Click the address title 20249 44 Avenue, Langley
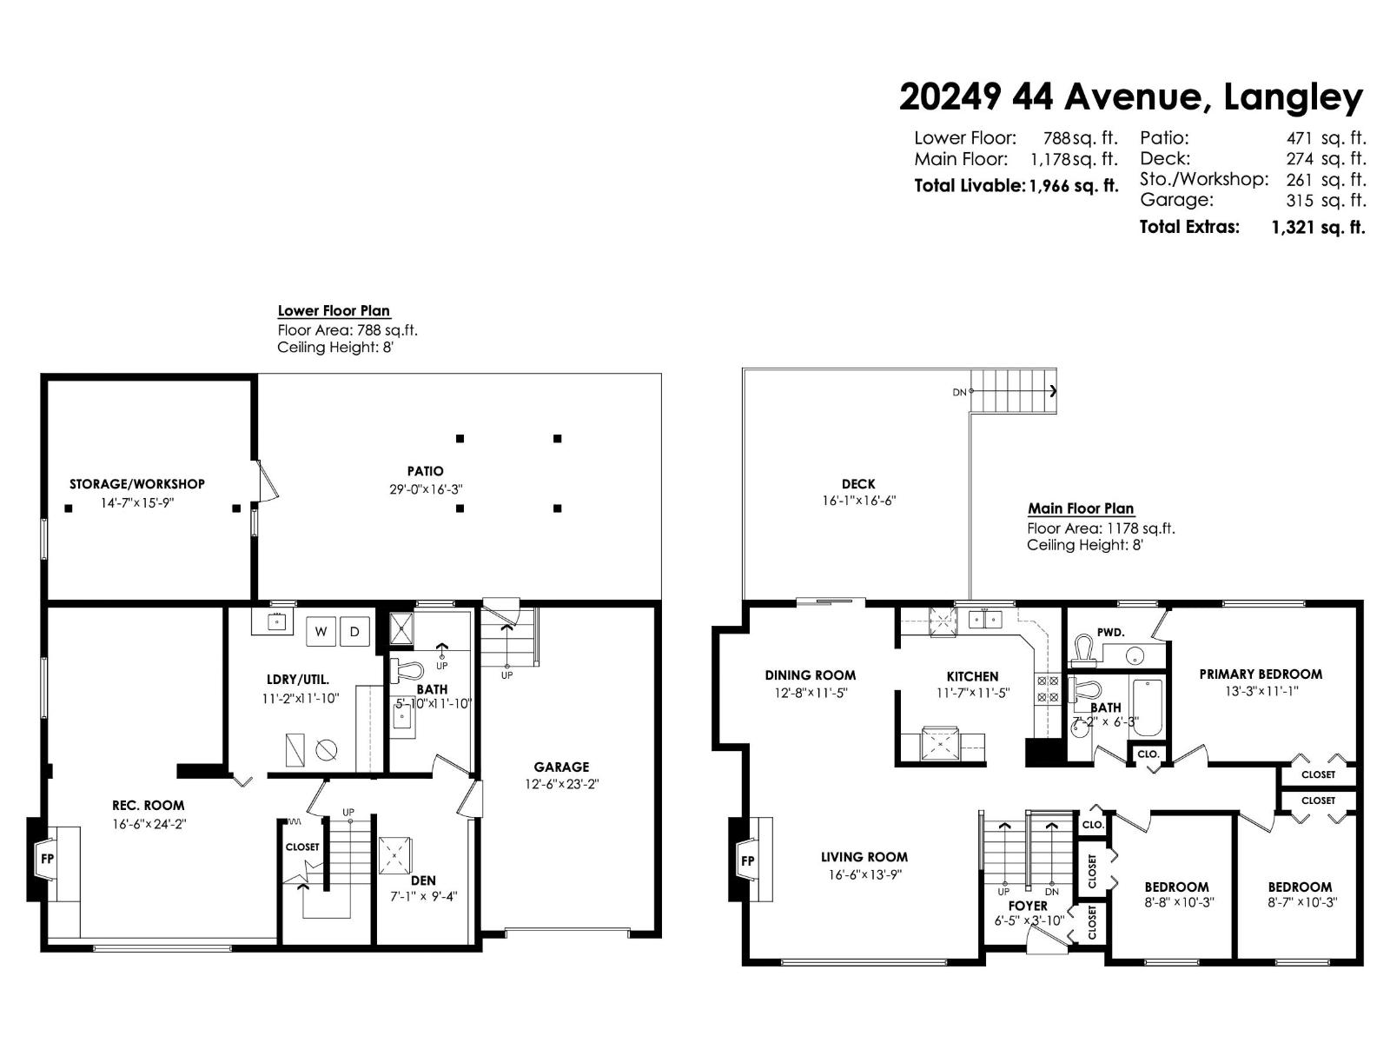coord(1131,96)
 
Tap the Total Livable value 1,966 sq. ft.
coord(1074,186)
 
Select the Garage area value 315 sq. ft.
coord(1326,201)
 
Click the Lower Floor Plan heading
coord(334,310)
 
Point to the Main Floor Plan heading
coord(1081,508)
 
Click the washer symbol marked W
coord(321,632)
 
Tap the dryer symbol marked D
coord(354,632)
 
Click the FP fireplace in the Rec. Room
coord(47,859)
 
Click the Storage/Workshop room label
coord(137,484)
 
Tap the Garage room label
coord(561,767)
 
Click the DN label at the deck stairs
coord(959,392)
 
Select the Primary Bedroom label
coord(1261,674)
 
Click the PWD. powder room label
coord(1110,633)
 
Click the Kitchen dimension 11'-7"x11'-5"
coord(972,693)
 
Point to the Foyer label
coord(1028,906)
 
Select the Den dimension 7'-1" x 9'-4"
coord(423,897)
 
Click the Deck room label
coord(858,484)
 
